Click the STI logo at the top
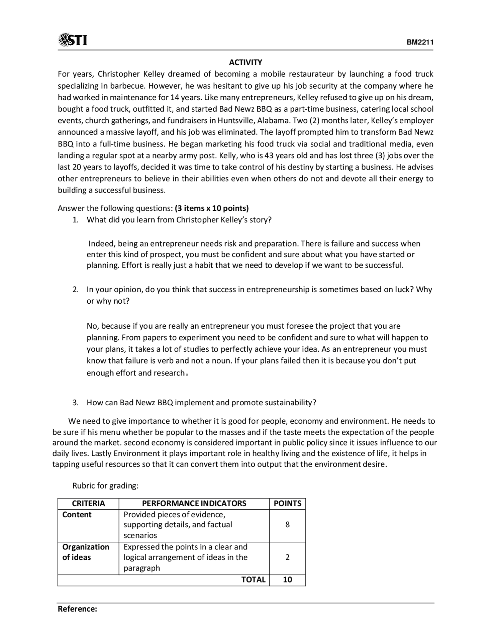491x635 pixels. pyautogui.click(x=72, y=40)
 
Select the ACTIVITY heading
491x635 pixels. pyautogui.click(x=245, y=62)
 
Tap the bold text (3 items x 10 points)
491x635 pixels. pyautogui.click(x=212, y=208)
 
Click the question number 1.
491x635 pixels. pyautogui.click(x=76, y=220)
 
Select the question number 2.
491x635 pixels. pyautogui.click(x=76, y=290)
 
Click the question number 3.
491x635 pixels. pyautogui.click(x=76, y=403)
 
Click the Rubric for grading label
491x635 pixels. pyautogui.click(x=105, y=486)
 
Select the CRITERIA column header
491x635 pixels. pyautogui.click(x=88, y=503)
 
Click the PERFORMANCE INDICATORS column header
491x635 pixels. pyautogui.click(x=194, y=503)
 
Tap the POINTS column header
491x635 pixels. pyautogui.click(x=287, y=503)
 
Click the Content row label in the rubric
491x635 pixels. pyautogui.click(x=77, y=515)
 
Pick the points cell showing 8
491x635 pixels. pyautogui.click(x=287, y=525)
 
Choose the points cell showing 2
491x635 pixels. pyautogui.click(x=287, y=558)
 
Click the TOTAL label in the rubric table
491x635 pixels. pyautogui.click(x=253, y=580)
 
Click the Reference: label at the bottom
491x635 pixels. pyautogui.click(x=77, y=609)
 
